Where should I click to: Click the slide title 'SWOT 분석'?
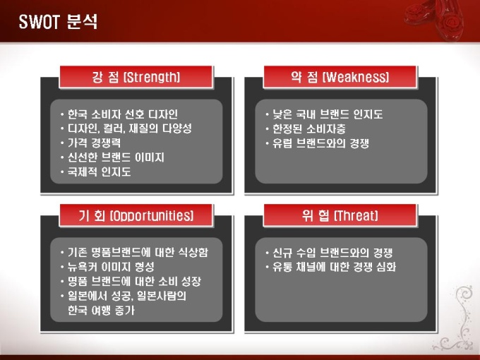58,22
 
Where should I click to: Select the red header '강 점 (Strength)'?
136,77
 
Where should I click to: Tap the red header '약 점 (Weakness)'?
340,77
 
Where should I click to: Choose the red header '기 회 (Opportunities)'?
136,215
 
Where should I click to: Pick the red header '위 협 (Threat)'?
340,215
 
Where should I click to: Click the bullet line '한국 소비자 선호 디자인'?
122,114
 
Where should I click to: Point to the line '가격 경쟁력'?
95,143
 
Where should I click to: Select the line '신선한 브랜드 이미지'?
116,157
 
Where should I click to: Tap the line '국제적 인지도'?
100,172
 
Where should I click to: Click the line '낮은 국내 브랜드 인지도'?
328,114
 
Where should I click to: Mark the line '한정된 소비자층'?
309,128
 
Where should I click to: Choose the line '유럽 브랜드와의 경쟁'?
320,143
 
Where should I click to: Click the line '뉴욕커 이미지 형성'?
111,267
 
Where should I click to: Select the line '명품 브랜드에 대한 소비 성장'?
134,282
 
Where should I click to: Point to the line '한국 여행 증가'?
101,311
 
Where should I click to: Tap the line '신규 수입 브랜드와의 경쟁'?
332,253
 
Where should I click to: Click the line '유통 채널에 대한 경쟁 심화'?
335,267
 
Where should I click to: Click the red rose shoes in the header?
434,19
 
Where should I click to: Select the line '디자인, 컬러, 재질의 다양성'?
129,128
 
